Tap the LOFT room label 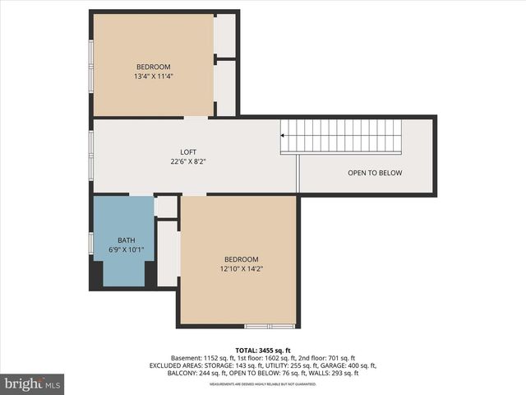pos(188,152)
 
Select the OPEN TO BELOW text pos(375,173)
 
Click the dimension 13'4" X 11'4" pos(153,77)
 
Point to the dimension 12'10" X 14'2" pos(241,268)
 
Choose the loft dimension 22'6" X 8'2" pos(188,162)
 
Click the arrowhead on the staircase pos(284,134)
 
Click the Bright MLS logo pos(33,383)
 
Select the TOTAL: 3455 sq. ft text pos(262,350)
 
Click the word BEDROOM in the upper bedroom pos(153,67)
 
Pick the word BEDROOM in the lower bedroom pos(241,258)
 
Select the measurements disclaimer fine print pos(262,384)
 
